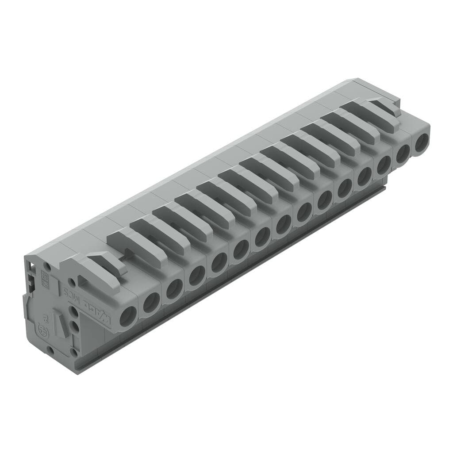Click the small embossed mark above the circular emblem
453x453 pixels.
[45, 318]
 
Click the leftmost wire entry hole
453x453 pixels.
[128, 317]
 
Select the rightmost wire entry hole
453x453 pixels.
[422, 142]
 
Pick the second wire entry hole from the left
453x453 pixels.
[151, 303]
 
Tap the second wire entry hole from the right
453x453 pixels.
[403, 154]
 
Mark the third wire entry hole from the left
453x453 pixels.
[174, 289]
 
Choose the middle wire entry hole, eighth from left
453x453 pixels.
[284, 224]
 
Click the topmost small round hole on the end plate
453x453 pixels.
[46, 267]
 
